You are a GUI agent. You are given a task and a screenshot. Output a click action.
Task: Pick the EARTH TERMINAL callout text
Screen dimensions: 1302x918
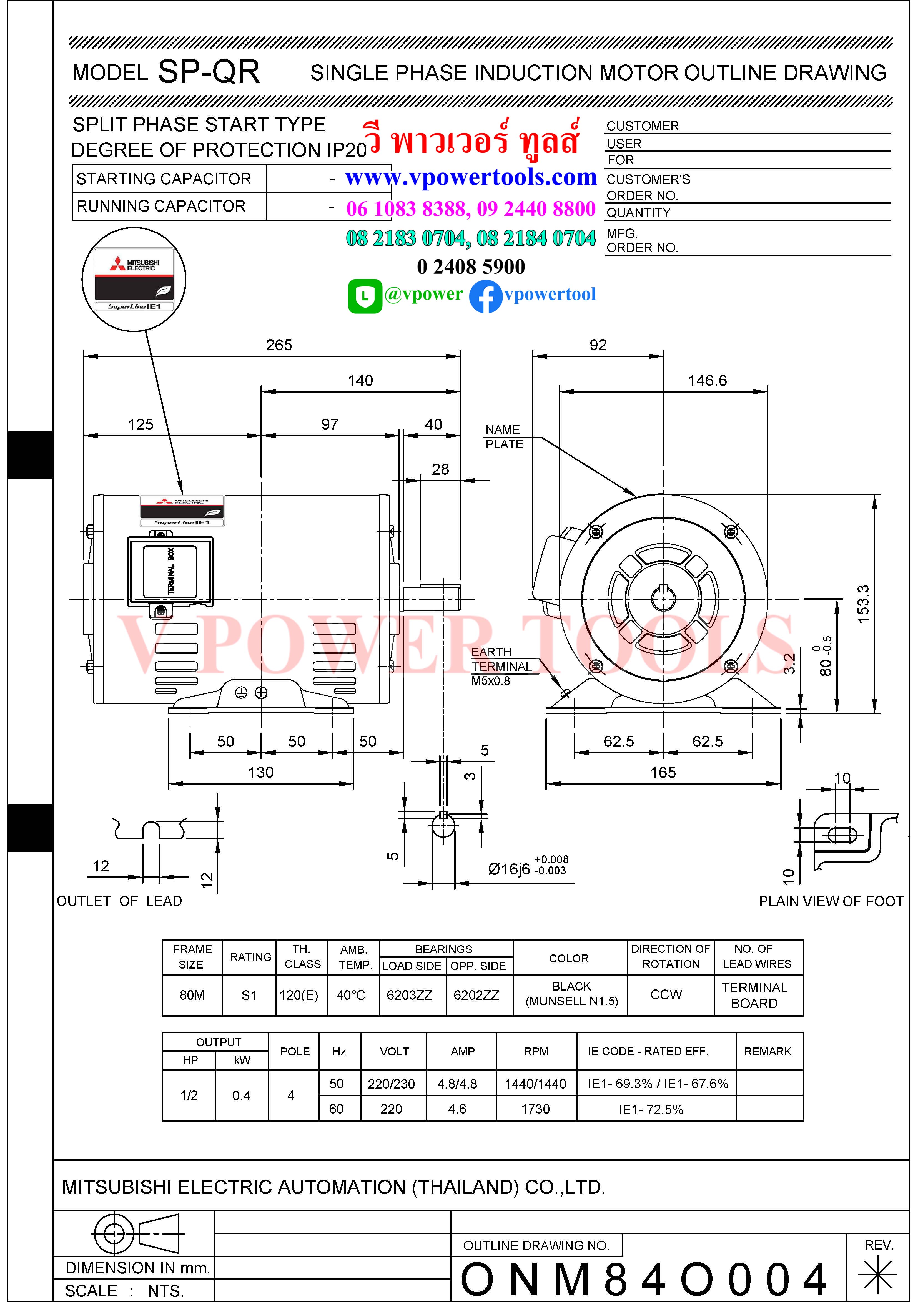click(501, 660)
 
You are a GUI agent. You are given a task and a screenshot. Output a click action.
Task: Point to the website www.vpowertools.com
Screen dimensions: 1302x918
click(471, 177)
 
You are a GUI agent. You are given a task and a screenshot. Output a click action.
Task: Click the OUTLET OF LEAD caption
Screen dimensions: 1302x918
click(119, 901)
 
